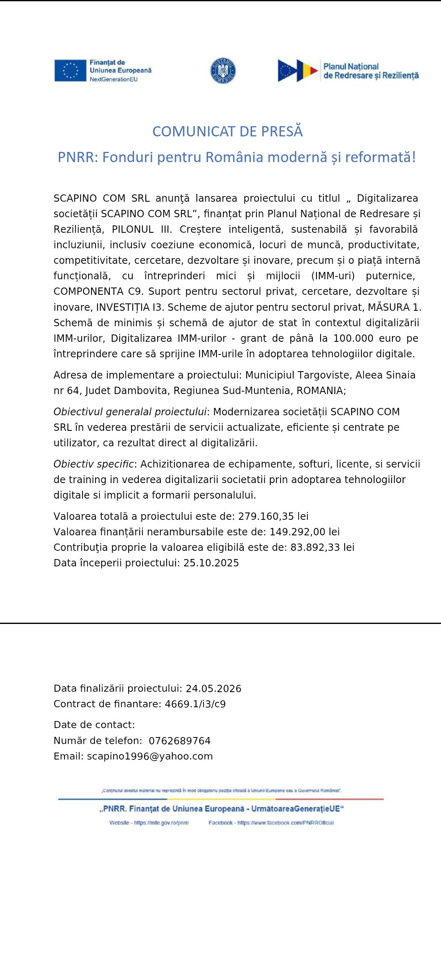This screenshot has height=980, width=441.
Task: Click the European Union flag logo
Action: [x=70, y=70]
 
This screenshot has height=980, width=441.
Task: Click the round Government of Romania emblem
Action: [x=223, y=70]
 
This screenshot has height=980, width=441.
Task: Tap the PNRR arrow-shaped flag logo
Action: [x=298, y=71]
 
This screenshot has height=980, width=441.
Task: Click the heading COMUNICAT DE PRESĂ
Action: [x=227, y=131]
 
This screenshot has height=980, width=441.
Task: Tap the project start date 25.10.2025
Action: [x=211, y=563]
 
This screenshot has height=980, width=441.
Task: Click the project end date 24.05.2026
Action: [x=214, y=688]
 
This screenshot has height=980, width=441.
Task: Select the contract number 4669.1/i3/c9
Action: [x=195, y=704]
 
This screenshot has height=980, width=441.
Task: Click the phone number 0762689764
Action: [x=180, y=741]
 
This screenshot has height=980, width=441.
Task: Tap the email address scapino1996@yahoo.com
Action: [x=150, y=756]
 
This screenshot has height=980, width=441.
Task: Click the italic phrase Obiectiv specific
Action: [x=94, y=464]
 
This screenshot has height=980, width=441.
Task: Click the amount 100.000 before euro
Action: [x=353, y=338]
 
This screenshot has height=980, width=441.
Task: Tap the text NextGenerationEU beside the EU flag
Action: [x=114, y=79]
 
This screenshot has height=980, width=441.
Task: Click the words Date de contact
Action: [x=94, y=725]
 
